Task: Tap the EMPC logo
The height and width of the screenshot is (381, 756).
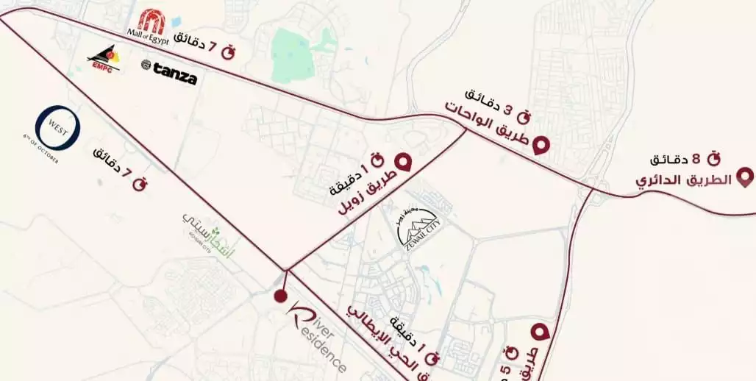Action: point(103,57)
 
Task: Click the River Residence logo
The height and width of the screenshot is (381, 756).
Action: point(315,335)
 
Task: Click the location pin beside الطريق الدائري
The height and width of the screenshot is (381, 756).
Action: point(744,177)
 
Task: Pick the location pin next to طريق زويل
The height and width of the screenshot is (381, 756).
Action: point(403,162)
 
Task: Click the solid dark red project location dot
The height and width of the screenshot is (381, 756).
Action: point(279,296)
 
